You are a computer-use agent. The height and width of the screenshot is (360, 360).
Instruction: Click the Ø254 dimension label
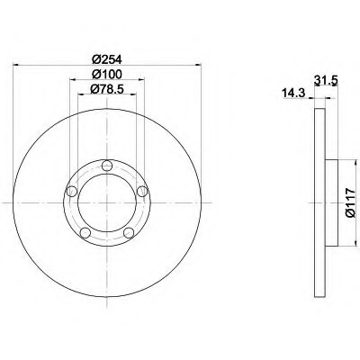[107, 59]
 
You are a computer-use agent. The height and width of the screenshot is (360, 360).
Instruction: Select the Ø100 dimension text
[107, 74]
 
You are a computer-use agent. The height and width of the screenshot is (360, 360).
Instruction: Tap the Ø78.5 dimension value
[107, 89]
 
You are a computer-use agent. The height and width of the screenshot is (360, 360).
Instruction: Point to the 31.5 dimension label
[326, 80]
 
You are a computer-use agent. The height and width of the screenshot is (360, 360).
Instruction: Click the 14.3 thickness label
[293, 93]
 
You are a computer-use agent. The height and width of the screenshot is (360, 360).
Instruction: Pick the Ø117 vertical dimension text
[350, 203]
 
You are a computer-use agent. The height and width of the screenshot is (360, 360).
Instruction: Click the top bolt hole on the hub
[107, 166]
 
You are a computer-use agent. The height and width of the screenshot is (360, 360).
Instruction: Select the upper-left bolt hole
[71, 191]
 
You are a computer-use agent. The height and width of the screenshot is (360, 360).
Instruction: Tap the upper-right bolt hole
[142, 191]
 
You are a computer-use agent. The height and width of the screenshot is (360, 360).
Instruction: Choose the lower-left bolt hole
[85, 232]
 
